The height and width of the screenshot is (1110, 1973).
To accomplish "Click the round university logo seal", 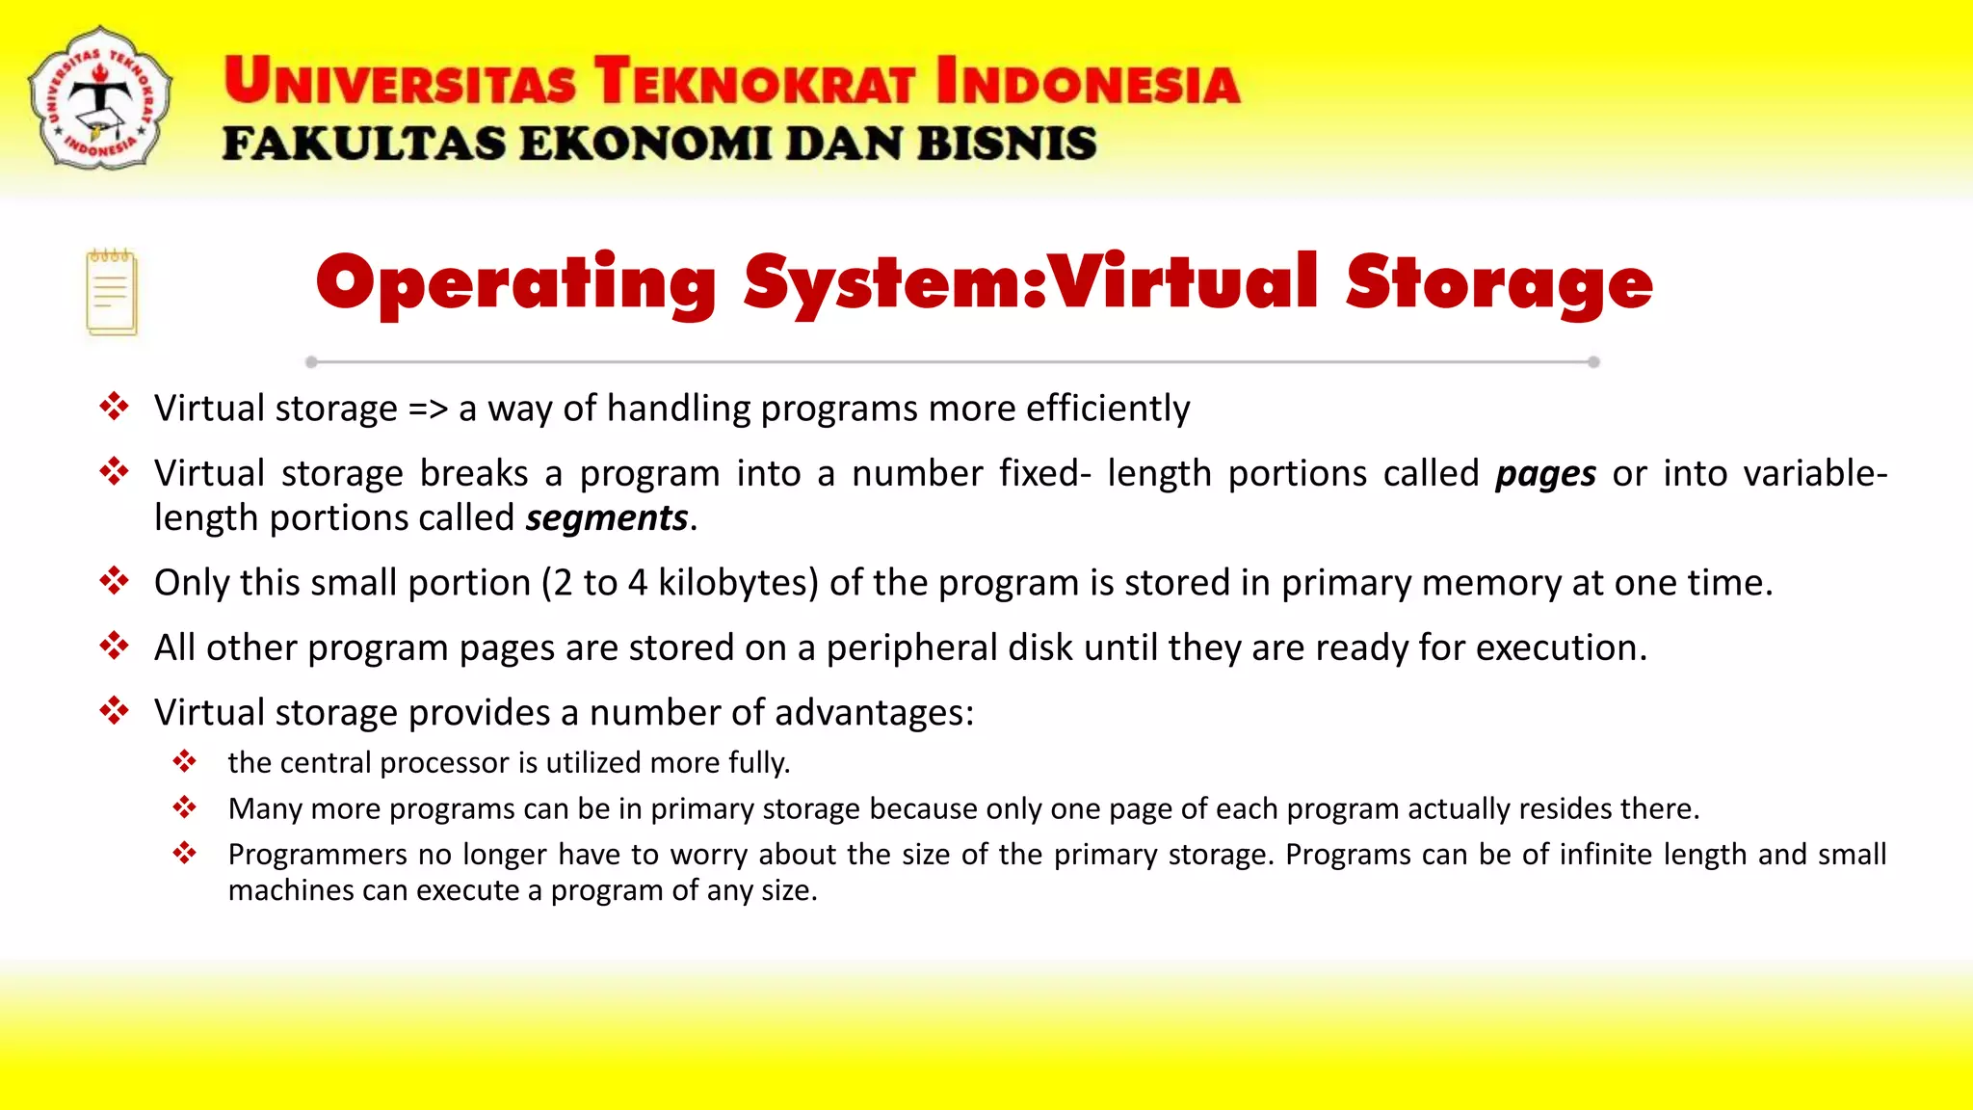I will point(100,98).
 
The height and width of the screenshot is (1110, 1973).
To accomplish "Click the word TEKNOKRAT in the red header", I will point(754,81).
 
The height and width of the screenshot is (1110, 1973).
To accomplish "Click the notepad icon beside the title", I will point(112,292).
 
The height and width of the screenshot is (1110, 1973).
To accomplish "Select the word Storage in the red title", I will point(1498,284).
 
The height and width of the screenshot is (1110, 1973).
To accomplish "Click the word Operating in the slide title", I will point(515,284).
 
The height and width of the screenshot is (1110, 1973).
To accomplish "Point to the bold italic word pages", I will point(1545,474).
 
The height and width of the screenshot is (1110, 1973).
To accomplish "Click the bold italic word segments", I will point(607,518).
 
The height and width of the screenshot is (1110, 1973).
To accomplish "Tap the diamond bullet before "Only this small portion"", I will point(114,581).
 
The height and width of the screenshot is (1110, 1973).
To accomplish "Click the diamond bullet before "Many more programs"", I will point(184,807).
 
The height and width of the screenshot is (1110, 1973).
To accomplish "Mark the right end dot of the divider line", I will point(1593,362).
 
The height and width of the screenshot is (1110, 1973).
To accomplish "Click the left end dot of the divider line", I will point(311,362).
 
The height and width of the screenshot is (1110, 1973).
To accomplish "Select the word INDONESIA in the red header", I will point(1088,81).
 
